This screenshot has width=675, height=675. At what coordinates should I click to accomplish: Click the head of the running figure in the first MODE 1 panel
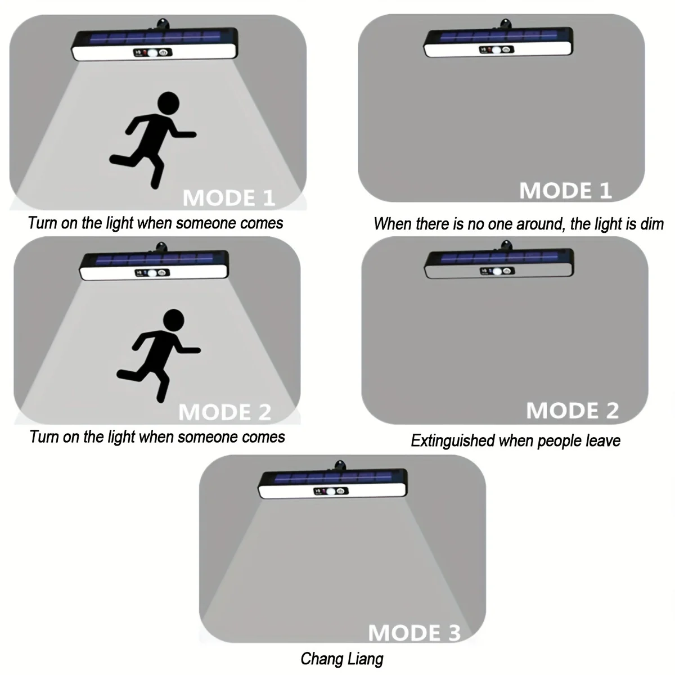[169, 103]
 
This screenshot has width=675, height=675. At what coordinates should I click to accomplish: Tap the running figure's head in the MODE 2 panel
[174, 320]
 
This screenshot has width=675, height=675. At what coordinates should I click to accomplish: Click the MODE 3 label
[415, 633]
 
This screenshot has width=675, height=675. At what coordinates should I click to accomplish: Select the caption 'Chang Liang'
[342, 659]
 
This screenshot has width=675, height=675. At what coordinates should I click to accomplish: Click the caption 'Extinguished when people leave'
[515, 440]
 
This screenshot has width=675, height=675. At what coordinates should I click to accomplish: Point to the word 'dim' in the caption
[652, 224]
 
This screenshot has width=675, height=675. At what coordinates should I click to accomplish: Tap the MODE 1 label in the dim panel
[565, 191]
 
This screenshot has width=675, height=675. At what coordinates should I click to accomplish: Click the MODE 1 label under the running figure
[229, 198]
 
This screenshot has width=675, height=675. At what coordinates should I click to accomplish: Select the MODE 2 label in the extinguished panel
[573, 410]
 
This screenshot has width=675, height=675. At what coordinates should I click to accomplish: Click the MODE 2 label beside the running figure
[225, 412]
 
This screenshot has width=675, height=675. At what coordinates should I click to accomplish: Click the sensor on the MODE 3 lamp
[331, 492]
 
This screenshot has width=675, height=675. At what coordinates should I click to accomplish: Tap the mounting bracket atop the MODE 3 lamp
[340, 466]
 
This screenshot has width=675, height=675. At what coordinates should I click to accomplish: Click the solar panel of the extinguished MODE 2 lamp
[499, 258]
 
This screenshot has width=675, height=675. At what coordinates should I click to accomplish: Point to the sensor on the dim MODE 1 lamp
[496, 50]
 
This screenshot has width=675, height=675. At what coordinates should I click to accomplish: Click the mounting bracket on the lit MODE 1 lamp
[162, 24]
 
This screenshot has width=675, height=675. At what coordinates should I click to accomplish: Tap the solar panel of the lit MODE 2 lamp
[155, 259]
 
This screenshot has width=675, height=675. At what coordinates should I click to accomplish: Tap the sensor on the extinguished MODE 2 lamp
[497, 271]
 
